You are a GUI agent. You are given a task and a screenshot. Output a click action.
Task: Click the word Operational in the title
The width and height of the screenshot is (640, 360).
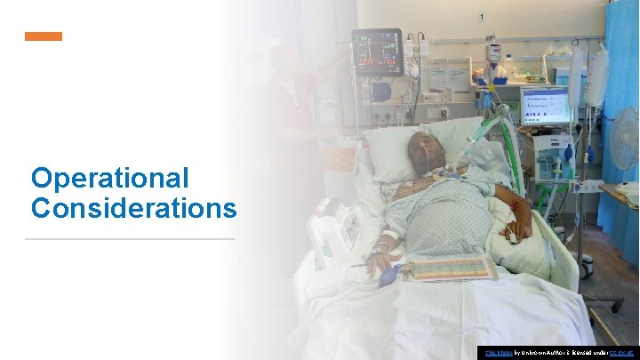(110, 178)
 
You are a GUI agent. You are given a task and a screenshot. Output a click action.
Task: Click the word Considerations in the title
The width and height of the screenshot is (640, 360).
(133, 208)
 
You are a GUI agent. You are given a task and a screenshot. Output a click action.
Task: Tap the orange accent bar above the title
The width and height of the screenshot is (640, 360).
(44, 36)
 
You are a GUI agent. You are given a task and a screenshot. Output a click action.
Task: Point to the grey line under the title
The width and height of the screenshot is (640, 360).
(130, 239)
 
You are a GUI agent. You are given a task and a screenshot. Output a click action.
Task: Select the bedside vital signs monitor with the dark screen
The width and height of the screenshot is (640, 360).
(377, 51)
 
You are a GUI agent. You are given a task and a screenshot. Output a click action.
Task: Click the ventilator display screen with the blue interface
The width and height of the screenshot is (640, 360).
(544, 106)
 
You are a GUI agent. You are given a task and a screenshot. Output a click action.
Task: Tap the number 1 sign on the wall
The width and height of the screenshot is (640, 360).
(481, 17)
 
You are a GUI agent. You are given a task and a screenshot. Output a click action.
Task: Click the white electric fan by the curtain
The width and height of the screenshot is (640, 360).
(625, 139)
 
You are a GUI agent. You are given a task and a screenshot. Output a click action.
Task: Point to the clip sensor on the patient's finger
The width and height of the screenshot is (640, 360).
(513, 237)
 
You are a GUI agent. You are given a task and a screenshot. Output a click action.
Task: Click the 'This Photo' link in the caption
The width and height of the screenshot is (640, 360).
(491, 353)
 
